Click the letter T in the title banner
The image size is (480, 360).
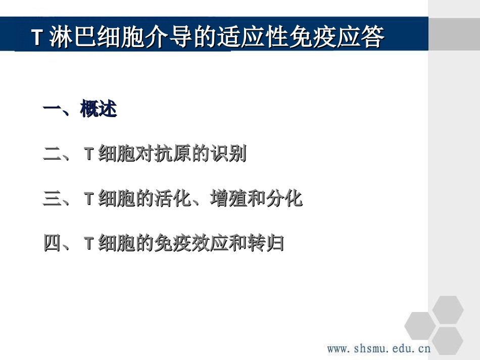(36, 38)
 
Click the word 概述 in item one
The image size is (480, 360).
(99, 109)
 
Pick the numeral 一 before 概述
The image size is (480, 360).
(53, 109)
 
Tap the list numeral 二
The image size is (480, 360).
(53, 154)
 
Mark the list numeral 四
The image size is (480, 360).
(53, 243)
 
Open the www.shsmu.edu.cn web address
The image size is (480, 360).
(378, 348)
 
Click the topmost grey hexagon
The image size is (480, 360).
(448, 310)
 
